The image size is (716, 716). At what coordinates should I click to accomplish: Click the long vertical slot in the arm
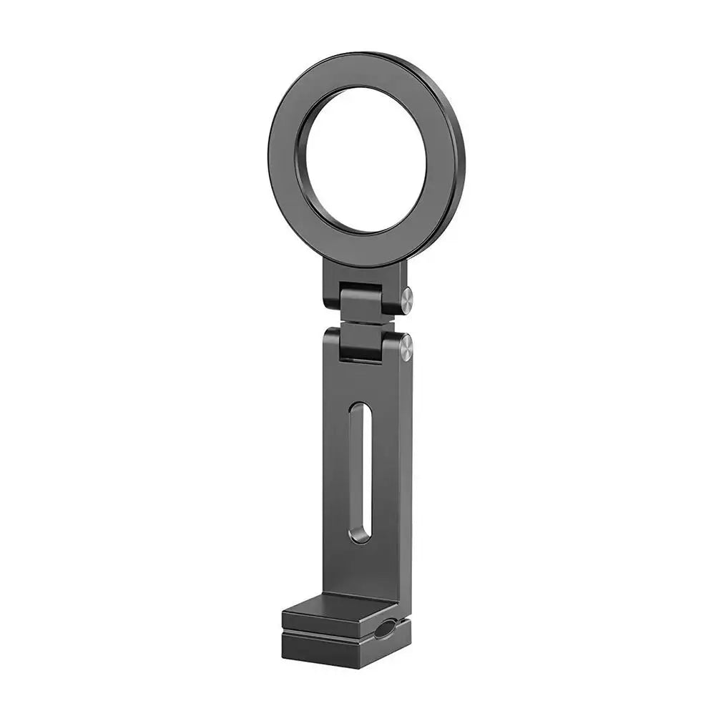pyautogui.click(x=360, y=472)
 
